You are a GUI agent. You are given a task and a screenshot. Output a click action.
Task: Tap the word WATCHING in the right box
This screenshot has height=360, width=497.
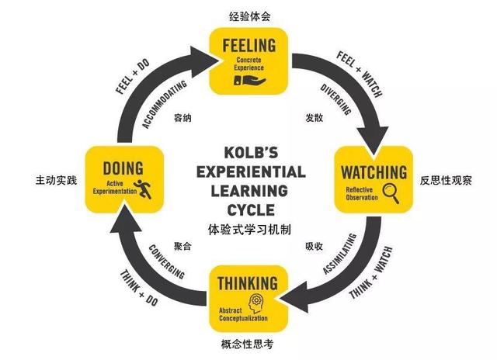370,171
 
